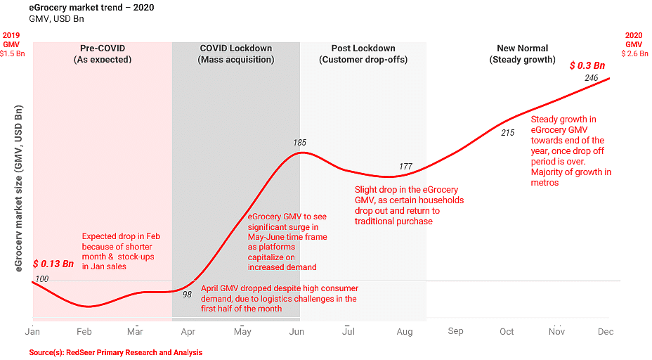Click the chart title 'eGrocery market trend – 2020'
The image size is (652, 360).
pos(92,8)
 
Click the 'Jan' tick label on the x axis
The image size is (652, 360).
pos(32,331)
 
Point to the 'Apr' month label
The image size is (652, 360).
pos(188,331)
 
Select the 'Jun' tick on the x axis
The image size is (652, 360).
pos(296,331)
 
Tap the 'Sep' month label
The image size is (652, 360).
pos(455,331)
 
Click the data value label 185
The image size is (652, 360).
pos(300,143)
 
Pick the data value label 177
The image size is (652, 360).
pos(405,167)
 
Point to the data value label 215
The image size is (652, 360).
pos(507,132)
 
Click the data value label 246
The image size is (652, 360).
pos(591,78)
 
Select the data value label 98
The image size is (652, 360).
pos(187,295)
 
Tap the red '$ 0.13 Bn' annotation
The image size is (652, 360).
pos(53,264)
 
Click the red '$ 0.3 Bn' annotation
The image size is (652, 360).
pos(587,65)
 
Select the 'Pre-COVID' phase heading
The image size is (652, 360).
pos(103,49)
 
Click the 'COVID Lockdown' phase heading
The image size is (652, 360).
pos(236,49)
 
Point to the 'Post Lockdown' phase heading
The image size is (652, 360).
pos(363,49)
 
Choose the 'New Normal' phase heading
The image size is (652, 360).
pos(523,49)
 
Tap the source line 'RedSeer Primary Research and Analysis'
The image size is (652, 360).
pos(116,352)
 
